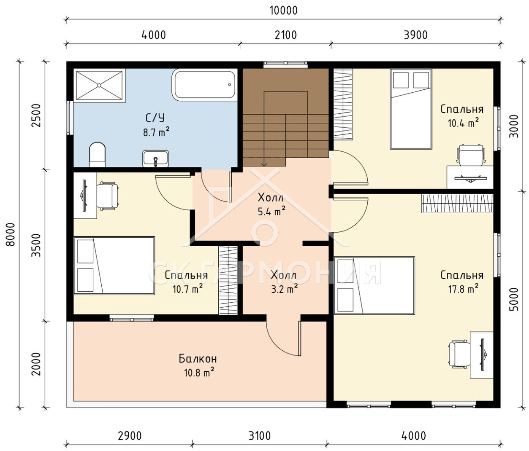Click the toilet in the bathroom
click(97, 155)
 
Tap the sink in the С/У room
click(156, 158)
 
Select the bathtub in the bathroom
click(204, 85)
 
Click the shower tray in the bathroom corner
click(99, 85)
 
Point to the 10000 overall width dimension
click(284, 11)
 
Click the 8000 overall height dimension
click(11, 234)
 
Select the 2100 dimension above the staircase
click(286, 35)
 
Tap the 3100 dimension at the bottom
click(260, 436)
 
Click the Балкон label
click(198, 359)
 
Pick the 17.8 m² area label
click(463, 290)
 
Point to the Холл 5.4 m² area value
click(271, 212)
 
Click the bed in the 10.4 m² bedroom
click(411, 109)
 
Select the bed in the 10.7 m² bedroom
click(114, 266)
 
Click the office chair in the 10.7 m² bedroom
click(108, 196)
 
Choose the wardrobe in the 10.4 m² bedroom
click(343, 104)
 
